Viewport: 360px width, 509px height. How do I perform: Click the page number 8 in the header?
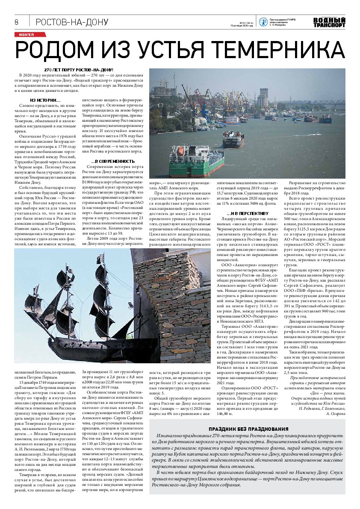(x=16, y=22)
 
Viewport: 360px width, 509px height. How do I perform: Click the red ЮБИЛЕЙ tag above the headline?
(x=24, y=34)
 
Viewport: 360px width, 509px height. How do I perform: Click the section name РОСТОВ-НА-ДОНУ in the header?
(x=71, y=22)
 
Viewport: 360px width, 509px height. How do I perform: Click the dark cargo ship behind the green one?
(x=233, y=139)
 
